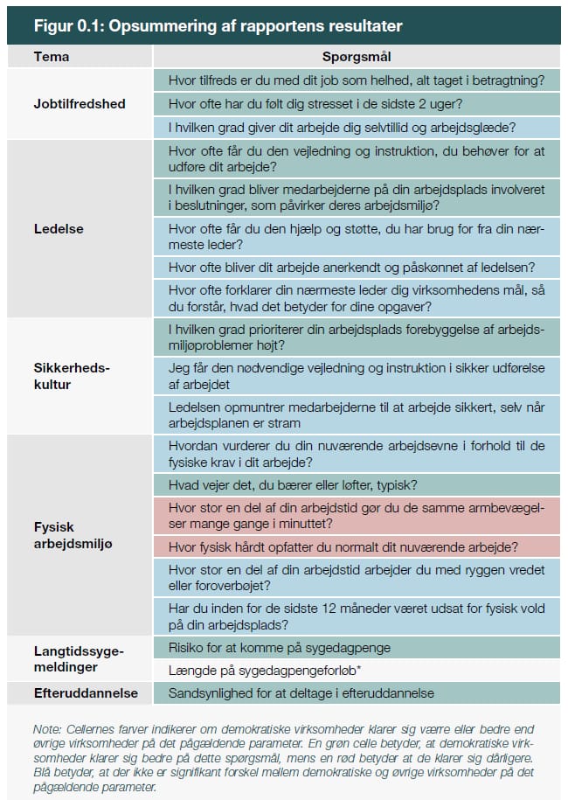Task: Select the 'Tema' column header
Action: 52,57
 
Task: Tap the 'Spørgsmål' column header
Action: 356,57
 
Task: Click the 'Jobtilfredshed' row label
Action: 80,103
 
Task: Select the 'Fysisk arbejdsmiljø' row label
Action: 73,535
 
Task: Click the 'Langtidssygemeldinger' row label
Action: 79,658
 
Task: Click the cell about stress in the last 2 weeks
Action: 356,103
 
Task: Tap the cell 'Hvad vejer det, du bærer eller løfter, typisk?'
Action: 356,483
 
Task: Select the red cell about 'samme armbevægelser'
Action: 356,516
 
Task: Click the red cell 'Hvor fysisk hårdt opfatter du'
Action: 356,547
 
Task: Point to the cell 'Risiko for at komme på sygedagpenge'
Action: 356,648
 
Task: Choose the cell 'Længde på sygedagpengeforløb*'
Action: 356,671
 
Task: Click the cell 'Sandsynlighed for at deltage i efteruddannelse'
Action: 356,693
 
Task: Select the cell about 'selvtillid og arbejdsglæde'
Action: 356,127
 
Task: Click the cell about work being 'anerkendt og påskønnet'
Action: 356,268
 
